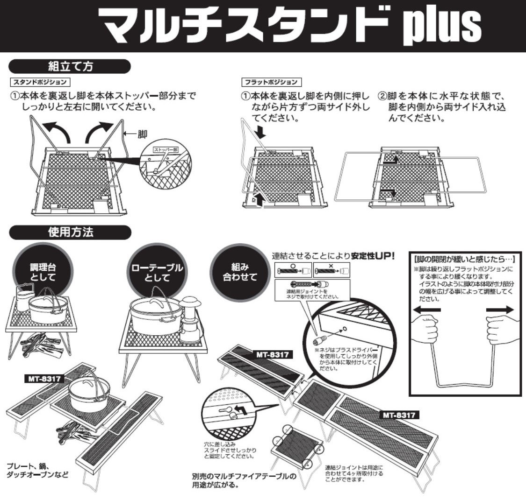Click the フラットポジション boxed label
point(271,82)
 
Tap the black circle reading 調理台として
point(43,271)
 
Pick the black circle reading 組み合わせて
point(240,271)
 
